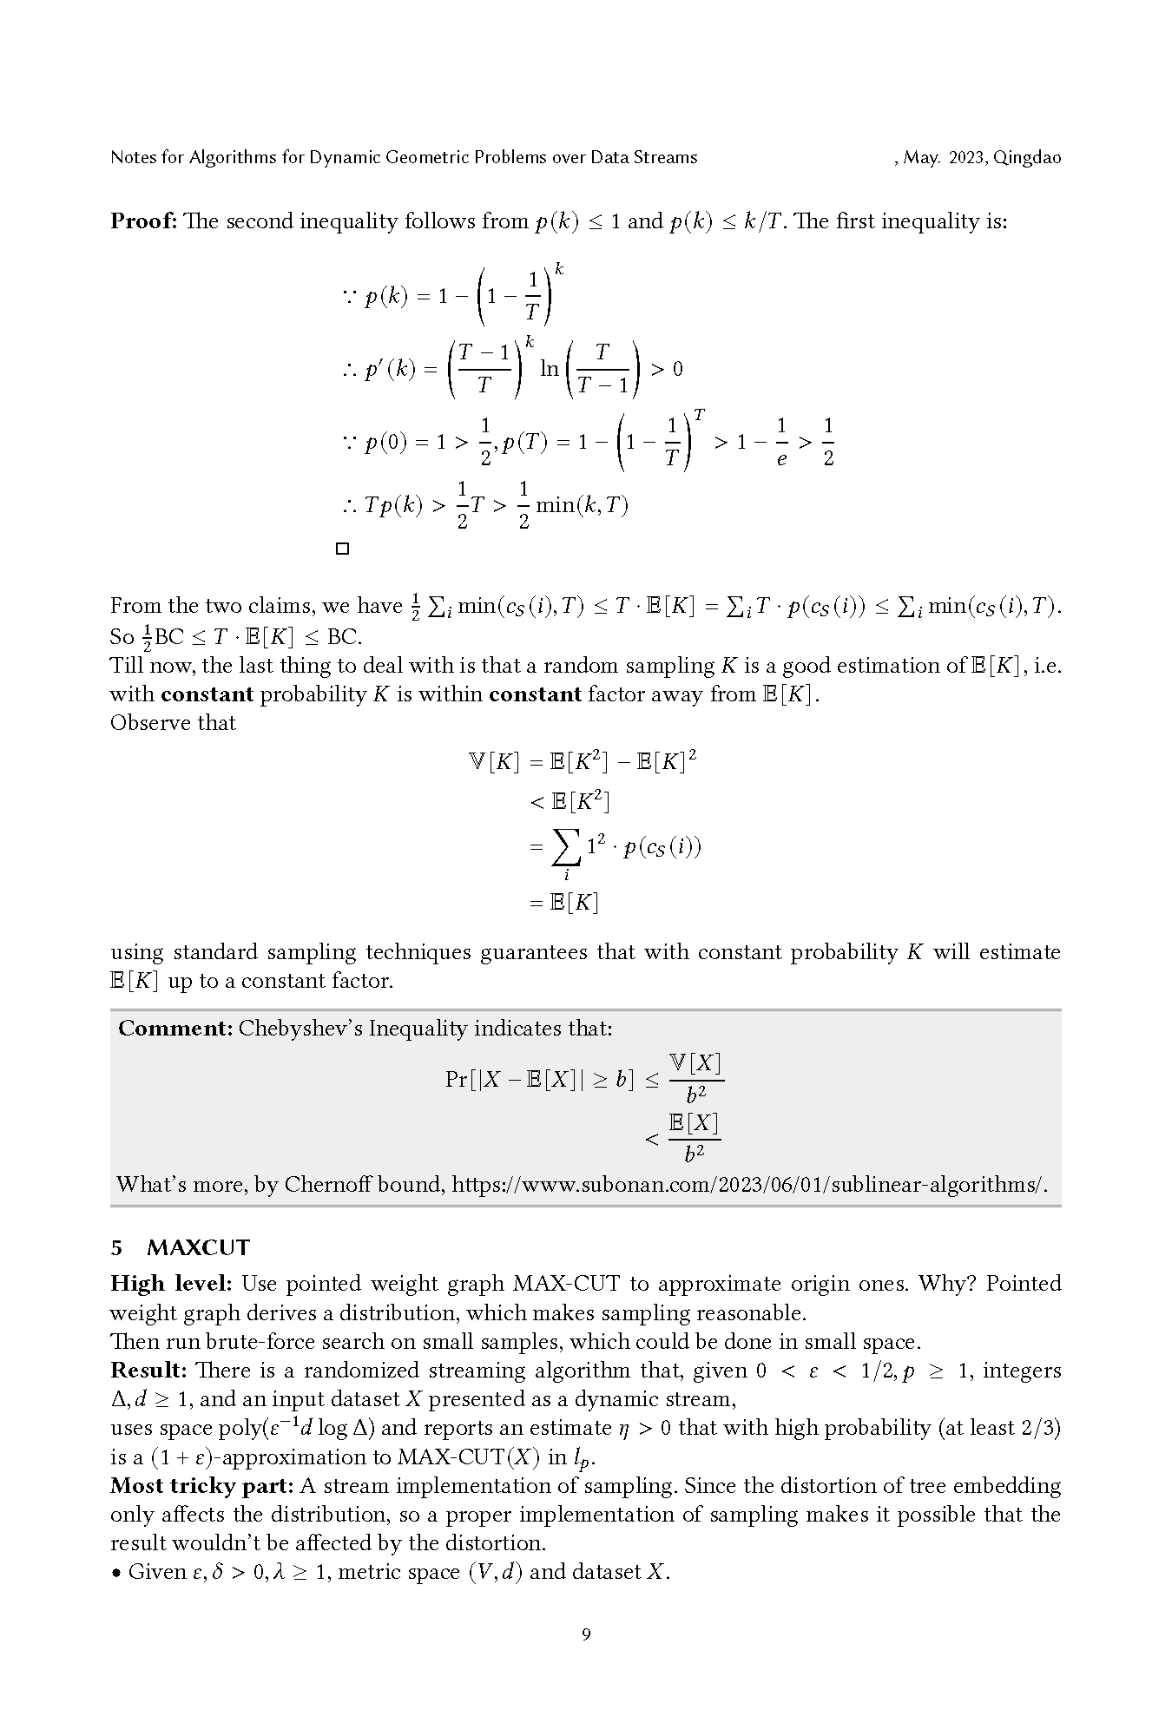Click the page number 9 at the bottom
pos(586,1634)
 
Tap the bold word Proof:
pos(143,221)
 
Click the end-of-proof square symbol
pos(342,549)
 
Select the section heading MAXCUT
pos(198,1247)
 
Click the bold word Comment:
pos(174,1029)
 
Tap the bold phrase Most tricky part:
pos(201,1486)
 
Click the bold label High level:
pos(171,1284)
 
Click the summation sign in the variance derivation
pos(567,847)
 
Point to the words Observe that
pos(173,723)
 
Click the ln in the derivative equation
pos(550,369)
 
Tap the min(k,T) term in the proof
pos(582,505)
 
